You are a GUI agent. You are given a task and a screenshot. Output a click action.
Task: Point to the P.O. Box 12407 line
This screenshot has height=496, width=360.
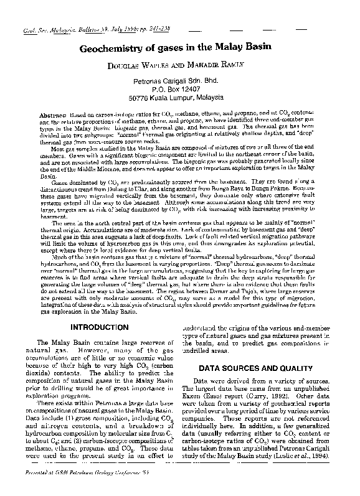tap(180, 89)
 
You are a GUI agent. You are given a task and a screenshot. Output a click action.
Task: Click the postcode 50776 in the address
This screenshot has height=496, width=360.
tap(139, 97)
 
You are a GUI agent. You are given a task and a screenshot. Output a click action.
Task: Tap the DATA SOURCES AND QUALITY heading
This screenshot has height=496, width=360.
tap(260, 369)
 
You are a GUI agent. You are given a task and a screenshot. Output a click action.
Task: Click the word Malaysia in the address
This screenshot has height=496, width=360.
tap(215, 97)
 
